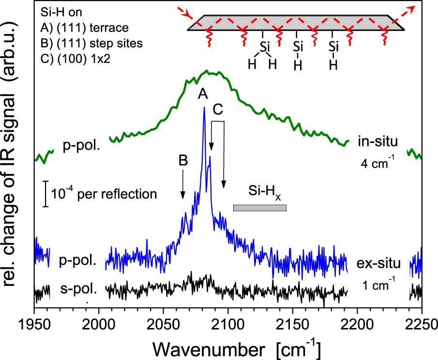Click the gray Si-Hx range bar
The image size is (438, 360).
tap(260, 208)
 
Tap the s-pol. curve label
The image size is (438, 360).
tap(80, 291)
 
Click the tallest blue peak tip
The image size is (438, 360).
tap(204, 108)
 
